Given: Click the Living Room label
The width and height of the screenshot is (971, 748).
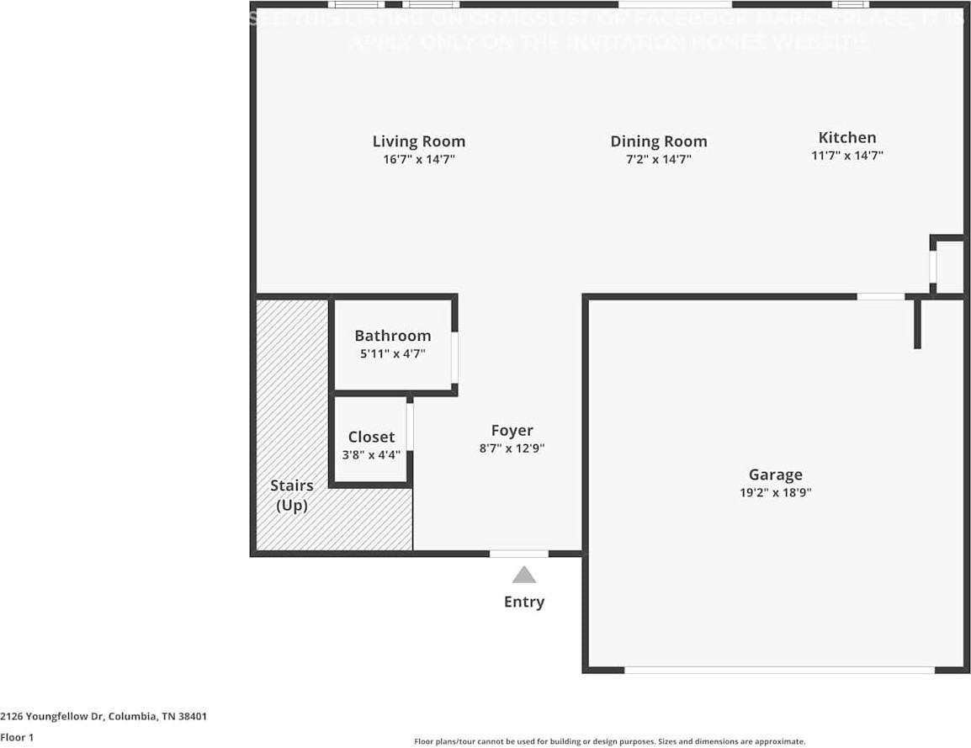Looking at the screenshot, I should [418, 141].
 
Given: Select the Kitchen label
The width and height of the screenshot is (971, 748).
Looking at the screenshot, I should [846, 137].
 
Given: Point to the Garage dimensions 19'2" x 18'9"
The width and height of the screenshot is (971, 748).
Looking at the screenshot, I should [775, 493].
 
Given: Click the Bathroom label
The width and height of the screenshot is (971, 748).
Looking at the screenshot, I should [392, 336].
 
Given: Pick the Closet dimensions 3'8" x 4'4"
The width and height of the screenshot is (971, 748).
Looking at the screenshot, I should [371, 455].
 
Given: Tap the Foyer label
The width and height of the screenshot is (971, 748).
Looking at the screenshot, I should [512, 431].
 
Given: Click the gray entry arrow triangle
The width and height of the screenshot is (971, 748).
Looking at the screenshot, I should [524, 576].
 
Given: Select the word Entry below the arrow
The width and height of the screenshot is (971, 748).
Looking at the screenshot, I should [523, 602].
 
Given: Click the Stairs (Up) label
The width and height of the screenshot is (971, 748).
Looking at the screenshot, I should [291, 496].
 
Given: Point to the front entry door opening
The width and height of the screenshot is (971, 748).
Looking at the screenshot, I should [519, 554].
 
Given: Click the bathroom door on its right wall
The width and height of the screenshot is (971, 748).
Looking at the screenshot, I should [454, 358].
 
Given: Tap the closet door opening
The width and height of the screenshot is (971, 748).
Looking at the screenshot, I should [410, 427].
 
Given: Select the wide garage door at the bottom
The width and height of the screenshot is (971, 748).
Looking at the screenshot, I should [779, 670].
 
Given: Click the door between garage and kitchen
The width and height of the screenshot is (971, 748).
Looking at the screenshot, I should [880, 296].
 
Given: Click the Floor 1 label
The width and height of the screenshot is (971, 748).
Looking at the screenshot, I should [17, 738].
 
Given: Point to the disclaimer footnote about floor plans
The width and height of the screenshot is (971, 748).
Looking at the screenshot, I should [609, 741].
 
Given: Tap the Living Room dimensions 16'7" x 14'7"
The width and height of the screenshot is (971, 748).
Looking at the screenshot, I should [418, 159].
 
